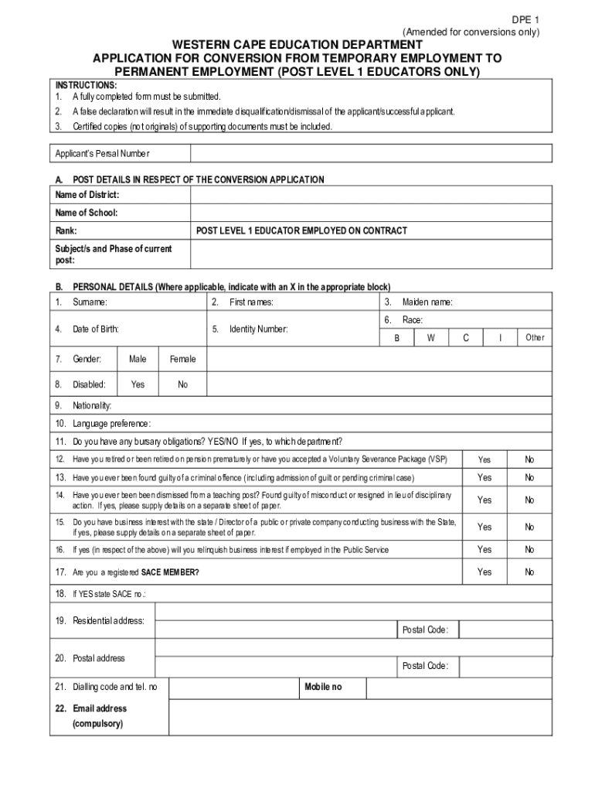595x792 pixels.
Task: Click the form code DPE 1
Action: point(523,19)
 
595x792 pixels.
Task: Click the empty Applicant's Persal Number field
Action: point(371,153)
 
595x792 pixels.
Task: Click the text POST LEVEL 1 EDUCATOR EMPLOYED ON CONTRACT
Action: point(301,231)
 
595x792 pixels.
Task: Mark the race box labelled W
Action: point(430,337)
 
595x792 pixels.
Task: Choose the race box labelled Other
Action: point(535,337)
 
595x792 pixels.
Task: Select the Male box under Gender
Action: point(138,359)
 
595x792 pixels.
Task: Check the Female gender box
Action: point(182,359)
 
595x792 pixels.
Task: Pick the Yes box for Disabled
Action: point(138,384)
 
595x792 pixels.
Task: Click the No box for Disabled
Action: point(182,384)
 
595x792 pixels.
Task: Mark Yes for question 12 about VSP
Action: point(484,459)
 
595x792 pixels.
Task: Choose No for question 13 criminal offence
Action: point(529,477)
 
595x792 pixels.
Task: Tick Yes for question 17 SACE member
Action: point(484,572)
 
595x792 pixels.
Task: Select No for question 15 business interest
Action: point(529,527)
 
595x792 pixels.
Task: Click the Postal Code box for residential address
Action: point(505,630)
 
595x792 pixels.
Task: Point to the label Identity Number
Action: point(258,329)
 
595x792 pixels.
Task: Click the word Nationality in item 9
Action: point(92,406)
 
